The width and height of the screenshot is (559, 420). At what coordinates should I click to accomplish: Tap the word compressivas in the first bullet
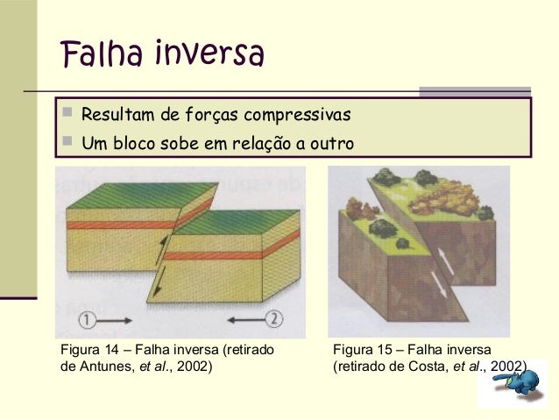point(298,116)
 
